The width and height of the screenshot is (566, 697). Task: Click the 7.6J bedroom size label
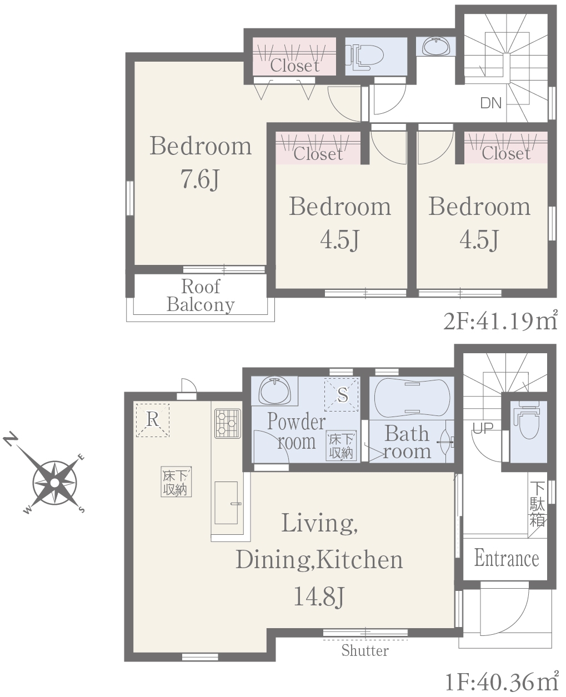point(200,179)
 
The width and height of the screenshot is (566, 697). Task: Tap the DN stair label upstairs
point(491,103)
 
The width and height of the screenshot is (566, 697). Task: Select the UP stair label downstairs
point(483,428)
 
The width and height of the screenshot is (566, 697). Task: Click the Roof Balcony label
point(201,295)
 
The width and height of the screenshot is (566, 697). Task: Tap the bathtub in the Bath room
point(412,398)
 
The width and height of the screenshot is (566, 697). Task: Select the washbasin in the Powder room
point(274,390)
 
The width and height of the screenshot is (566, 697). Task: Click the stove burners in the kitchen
point(228,423)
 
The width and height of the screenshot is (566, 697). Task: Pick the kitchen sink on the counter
point(226,503)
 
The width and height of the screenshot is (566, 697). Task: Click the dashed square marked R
point(152,420)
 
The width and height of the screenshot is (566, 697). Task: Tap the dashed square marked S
point(341,395)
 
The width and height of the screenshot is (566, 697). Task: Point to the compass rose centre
point(54,483)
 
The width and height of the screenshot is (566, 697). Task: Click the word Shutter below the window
point(365,650)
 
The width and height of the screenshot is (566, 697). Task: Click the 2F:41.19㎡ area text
point(500,322)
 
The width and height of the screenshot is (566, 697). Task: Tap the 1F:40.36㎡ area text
point(502,681)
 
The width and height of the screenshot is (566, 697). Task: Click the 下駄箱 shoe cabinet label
point(537,504)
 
